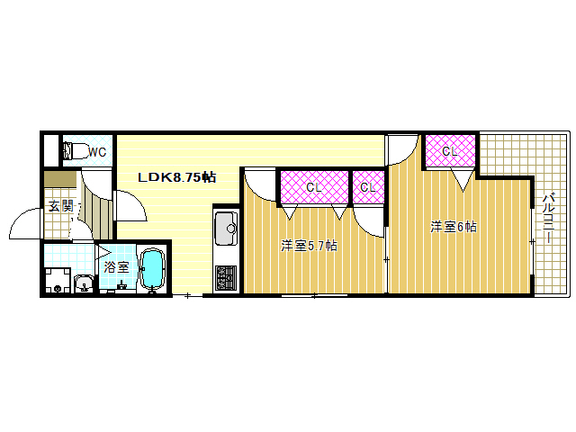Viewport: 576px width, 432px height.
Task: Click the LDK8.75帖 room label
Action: pyautogui.click(x=176, y=177)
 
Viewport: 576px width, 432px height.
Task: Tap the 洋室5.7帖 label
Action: pyautogui.click(x=309, y=246)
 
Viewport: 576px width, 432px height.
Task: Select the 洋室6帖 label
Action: pyautogui.click(x=454, y=227)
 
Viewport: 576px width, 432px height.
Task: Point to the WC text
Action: pyautogui.click(x=97, y=152)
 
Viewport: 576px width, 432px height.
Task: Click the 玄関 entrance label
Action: pyautogui.click(x=61, y=206)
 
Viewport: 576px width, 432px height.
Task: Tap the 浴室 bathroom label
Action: pyautogui.click(x=116, y=266)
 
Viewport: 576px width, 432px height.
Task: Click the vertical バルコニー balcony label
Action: pyautogui.click(x=549, y=219)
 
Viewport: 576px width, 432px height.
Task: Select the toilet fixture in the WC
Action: pyautogui.click(x=76, y=150)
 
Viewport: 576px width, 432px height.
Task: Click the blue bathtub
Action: pyautogui.click(x=152, y=269)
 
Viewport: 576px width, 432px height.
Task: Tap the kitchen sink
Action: pyautogui.click(x=227, y=228)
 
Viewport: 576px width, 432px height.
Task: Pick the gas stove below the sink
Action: pyautogui.click(x=226, y=278)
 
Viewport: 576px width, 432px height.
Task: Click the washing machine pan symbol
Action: pyautogui.click(x=58, y=280)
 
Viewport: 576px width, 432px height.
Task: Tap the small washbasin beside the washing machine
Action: pyautogui.click(x=84, y=284)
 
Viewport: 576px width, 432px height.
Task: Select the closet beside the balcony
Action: pyautogui.click(x=450, y=151)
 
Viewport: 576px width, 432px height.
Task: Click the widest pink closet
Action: pyautogui.click(x=314, y=187)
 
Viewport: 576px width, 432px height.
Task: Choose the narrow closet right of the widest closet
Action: pyautogui.click(x=368, y=187)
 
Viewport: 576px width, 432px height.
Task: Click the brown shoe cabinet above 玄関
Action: pyautogui.click(x=60, y=179)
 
